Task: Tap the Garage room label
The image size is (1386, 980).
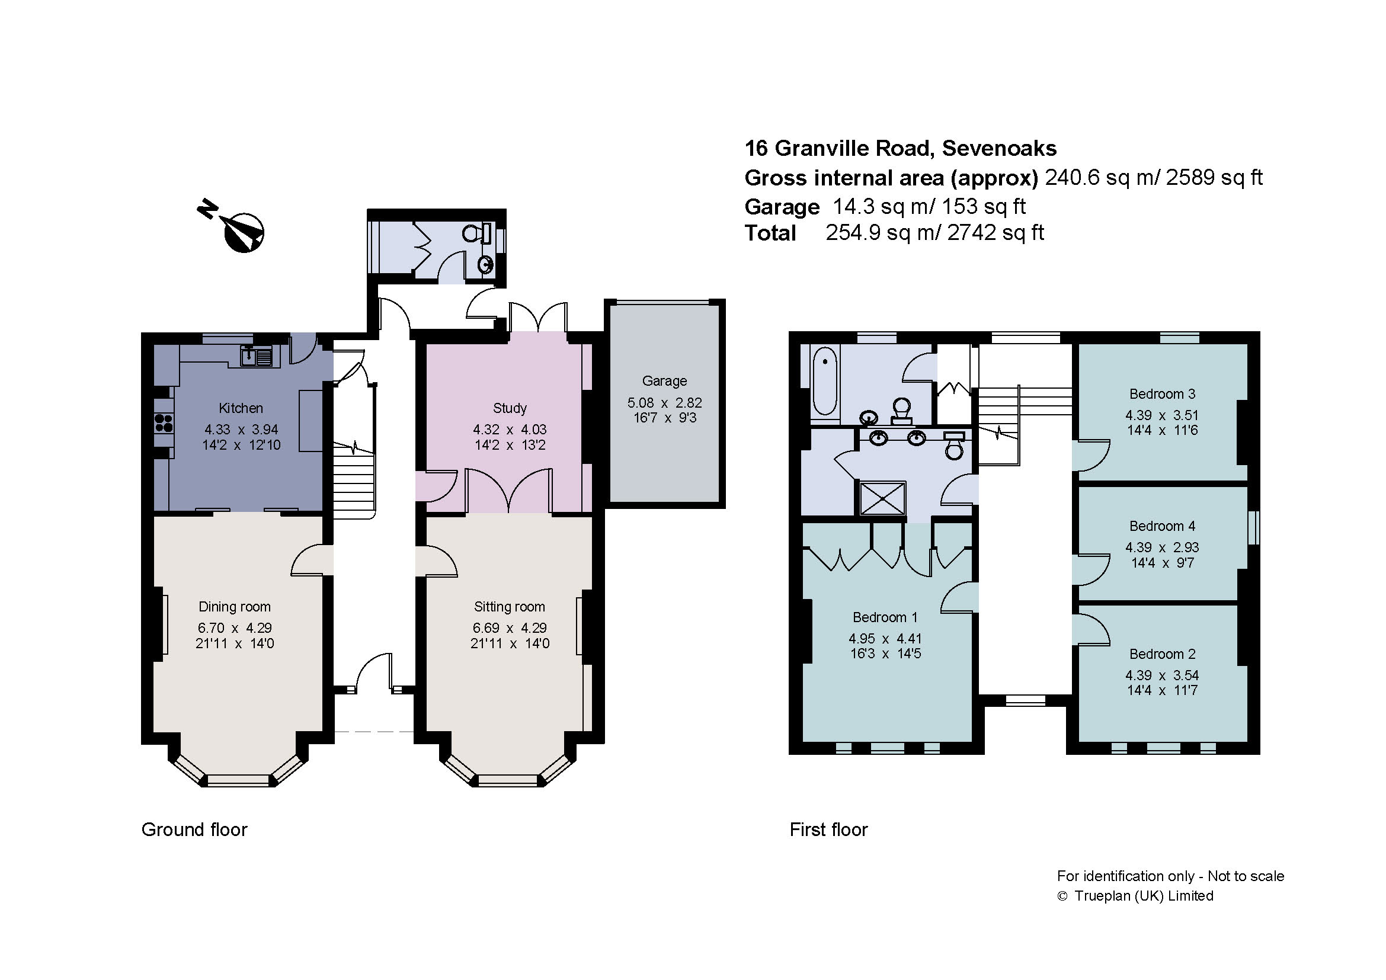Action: coord(664,381)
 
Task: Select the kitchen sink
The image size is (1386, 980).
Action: coord(257,356)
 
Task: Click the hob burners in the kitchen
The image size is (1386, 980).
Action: coord(164,422)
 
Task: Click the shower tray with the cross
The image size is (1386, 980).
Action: coord(882,498)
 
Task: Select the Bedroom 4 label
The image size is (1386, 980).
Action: coord(1162,526)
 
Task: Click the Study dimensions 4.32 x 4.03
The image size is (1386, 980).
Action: coord(510,430)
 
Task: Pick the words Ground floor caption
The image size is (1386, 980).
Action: coord(194,830)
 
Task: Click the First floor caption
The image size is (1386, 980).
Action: coord(828,830)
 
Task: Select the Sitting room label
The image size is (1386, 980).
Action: coord(509,607)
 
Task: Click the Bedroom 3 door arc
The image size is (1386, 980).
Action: coord(1093,456)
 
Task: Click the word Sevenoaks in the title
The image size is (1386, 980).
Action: coord(999,149)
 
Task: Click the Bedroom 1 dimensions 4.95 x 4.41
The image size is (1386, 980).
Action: coord(885,639)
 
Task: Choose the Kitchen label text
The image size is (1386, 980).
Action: coord(240,408)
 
